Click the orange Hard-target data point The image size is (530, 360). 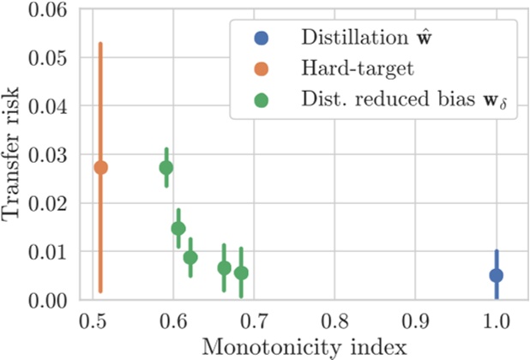coord(100,167)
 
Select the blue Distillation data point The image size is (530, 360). coord(496,275)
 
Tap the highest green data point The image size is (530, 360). coord(166,168)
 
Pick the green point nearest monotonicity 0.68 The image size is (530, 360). coord(241,273)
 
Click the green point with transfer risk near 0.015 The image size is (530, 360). coord(178,228)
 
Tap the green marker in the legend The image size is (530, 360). coord(262,99)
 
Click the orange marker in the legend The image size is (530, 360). coord(262,68)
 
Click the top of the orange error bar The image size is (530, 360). coord(100,43)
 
